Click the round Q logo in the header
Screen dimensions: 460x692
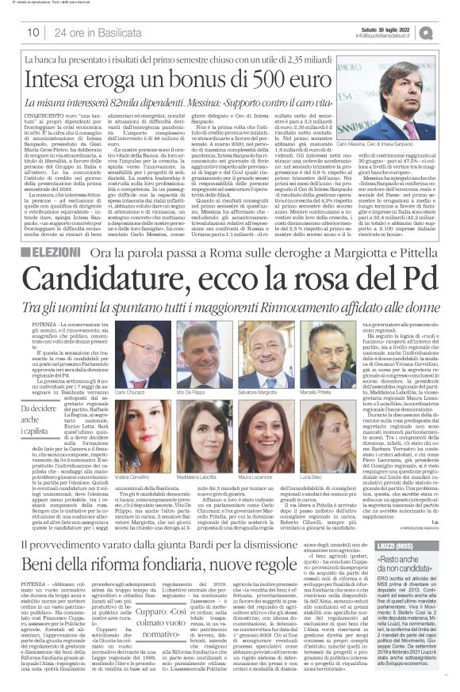[449, 32]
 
